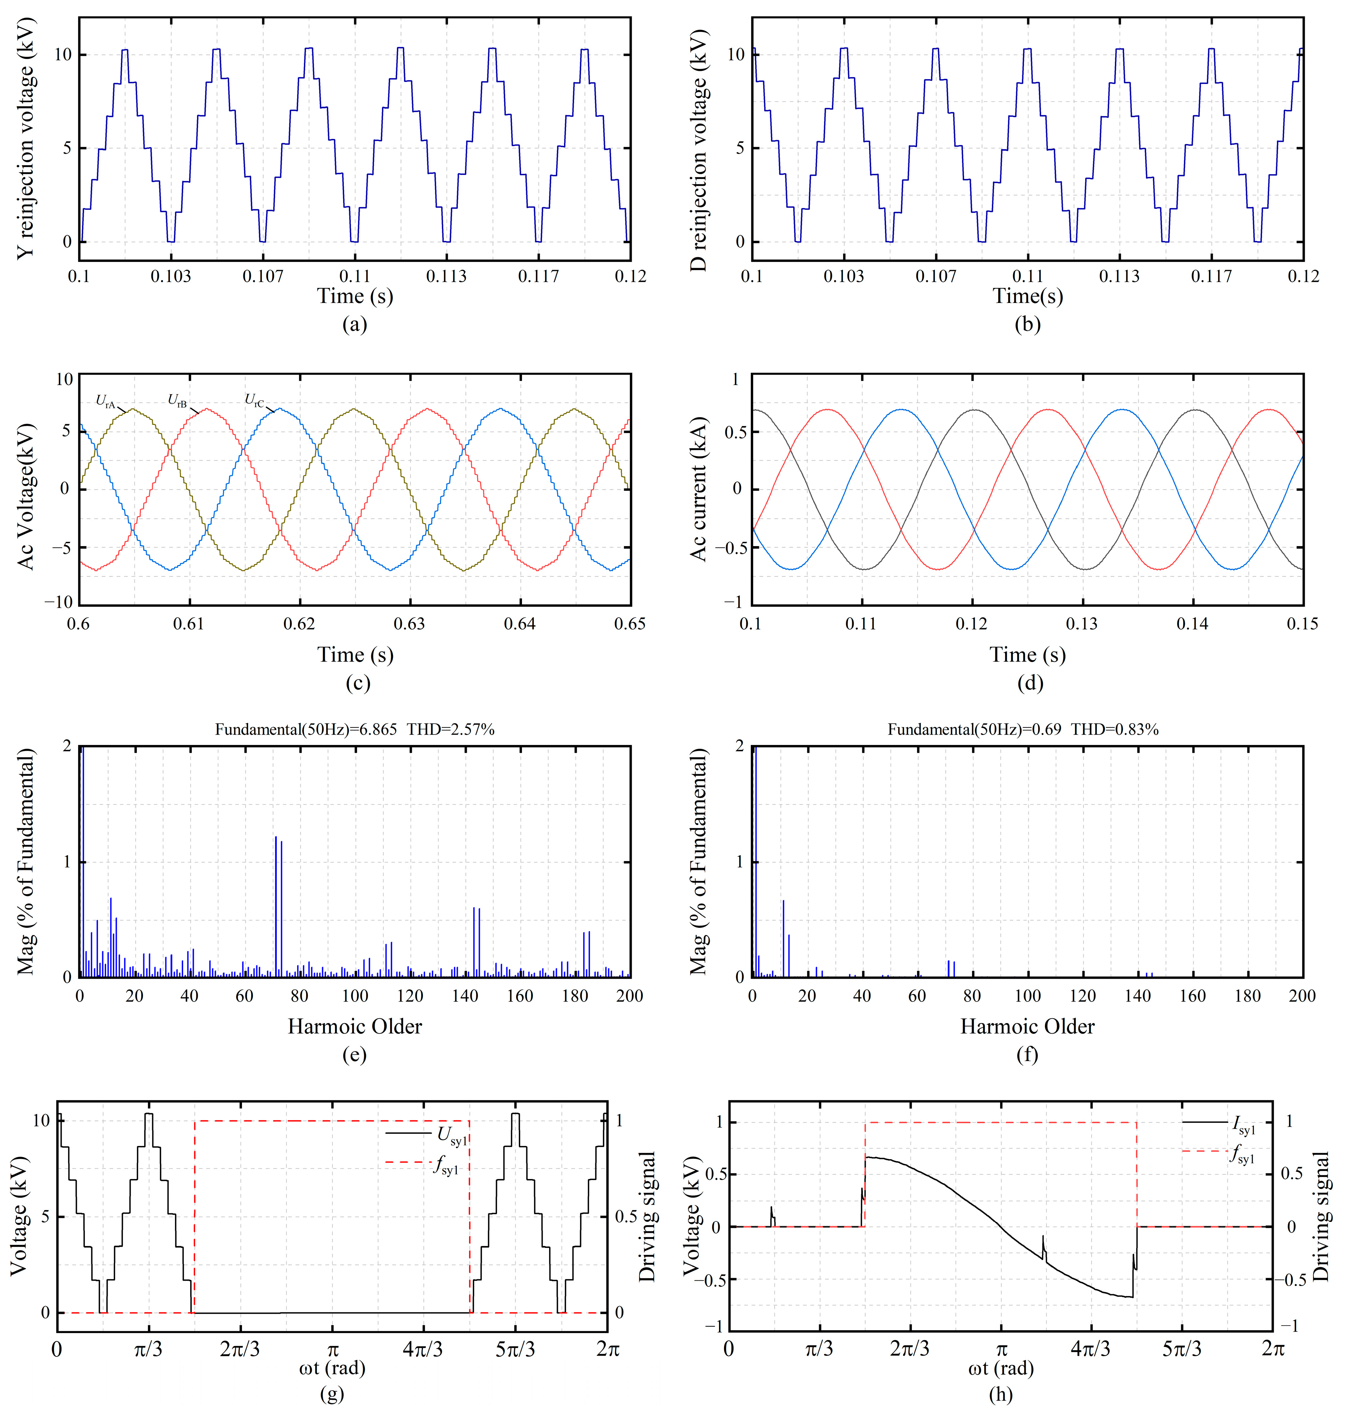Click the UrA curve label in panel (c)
(105, 402)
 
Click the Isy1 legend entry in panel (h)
(1244, 1127)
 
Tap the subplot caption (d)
(1030, 683)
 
